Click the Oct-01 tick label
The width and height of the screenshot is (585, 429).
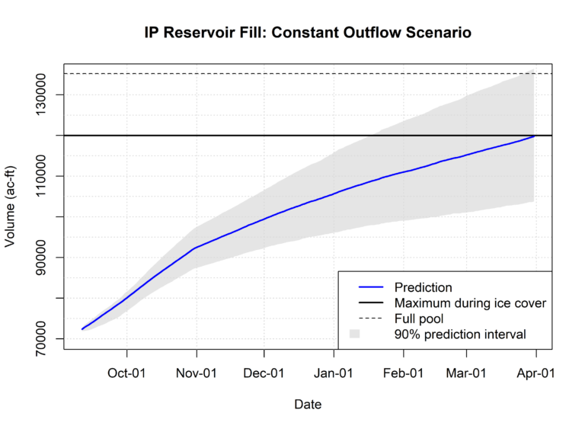pyautogui.click(x=126, y=373)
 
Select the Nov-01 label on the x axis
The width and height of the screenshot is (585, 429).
pyautogui.click(x=197, y=373)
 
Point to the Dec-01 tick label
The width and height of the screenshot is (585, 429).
pyautogui.click(x=264, y=373)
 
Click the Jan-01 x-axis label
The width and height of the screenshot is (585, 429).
pyautogui.click(x=334, y=373)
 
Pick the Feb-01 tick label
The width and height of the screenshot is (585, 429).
pyautogui.click(x=403, y=373)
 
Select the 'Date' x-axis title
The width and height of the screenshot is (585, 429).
pyautogui.click(x=308, y=405)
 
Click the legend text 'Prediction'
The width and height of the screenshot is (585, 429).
pyautogui.click(x=424, y=288)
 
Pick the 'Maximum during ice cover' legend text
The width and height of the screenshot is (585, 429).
pyautogui.click(x=470, y=303)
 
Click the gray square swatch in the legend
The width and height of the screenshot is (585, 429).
pyautogui.click(x=354, y=334)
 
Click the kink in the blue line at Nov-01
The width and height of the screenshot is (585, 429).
pyautogui.click(x=197, y=248)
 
